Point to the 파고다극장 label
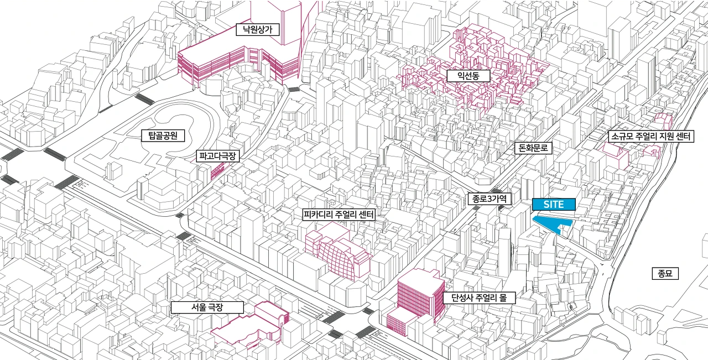coord(218,156)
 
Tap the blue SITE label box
coord(553,204)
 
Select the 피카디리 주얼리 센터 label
coord(339,214)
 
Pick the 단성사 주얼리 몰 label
coord(479,298)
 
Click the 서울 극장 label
coord(199,307)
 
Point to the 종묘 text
coord(664,273)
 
